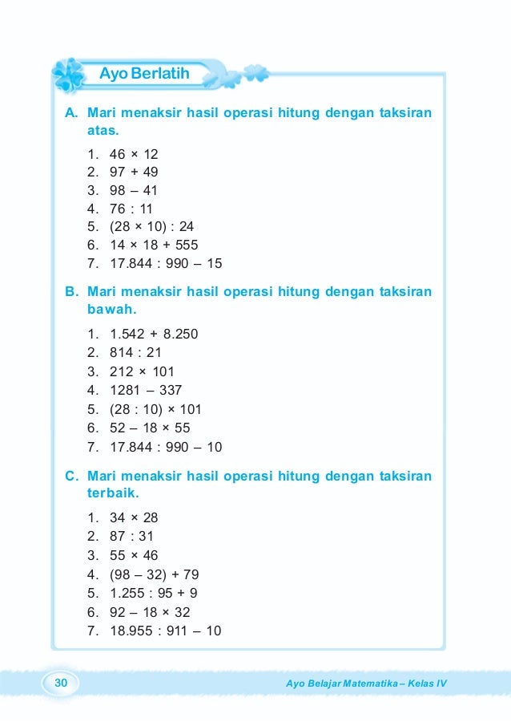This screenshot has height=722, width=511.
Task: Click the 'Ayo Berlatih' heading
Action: (144, 75)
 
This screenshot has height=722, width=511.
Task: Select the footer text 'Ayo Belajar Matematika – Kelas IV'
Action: (370, 683)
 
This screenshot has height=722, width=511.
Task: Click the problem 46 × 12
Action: (134, 153)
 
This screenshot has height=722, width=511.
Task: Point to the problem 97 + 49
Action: (134, 172)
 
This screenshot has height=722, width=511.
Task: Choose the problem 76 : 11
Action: (131, 209)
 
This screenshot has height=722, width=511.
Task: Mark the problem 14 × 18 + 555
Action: (154, 245)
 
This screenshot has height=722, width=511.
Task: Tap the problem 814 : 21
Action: (131, 352)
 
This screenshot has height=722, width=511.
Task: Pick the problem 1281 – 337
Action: (146, 391)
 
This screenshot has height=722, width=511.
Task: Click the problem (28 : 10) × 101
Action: (155, 409)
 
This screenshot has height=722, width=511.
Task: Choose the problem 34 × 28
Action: (134, 517)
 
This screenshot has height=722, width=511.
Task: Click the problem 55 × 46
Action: (134, 555)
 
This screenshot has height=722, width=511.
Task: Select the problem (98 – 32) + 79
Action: (154, 574)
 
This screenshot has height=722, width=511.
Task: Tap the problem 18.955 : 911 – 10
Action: (165, 631)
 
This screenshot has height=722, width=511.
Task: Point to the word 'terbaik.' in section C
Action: (113, 493)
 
